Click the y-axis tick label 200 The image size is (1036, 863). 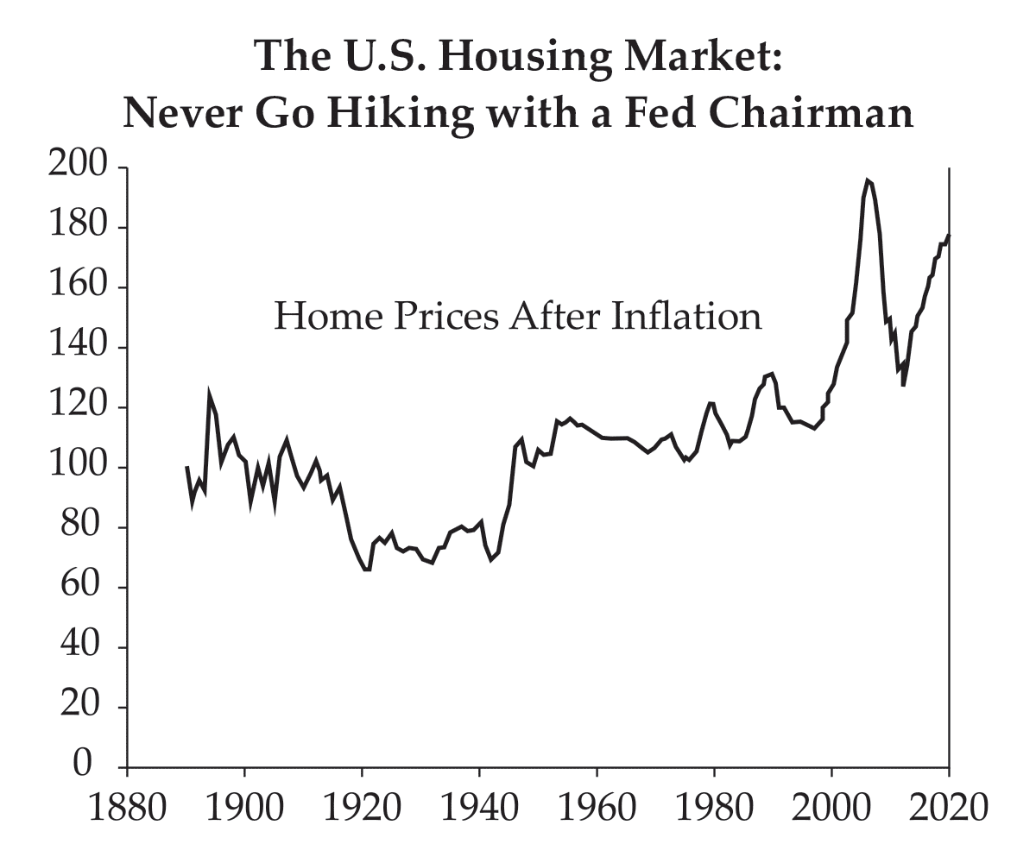click(x=78, y=167)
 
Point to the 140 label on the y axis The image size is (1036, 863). click(x=78, y=348)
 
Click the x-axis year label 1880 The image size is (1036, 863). click(x=127, y=809)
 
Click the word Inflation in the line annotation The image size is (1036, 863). click(x=686, y=317)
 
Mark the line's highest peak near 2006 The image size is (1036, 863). click(x=868, y=180)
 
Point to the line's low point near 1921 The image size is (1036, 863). click(x=366, y=570)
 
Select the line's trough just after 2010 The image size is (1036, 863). click(x=903, y=384)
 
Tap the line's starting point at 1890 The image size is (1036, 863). click(x=186, y=467)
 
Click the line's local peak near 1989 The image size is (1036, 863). click(x=772, y=374)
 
